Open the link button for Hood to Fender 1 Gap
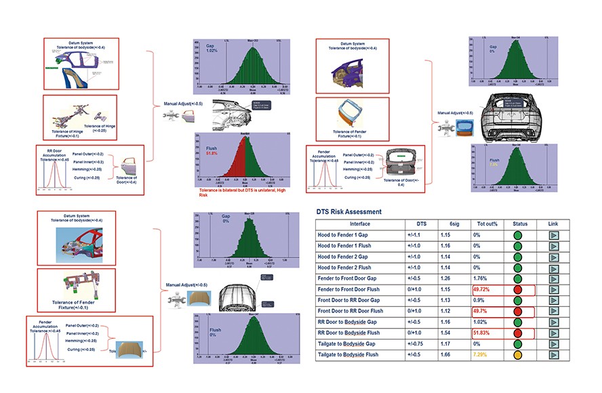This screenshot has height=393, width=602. pyautogui.click(x=553, y=235)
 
